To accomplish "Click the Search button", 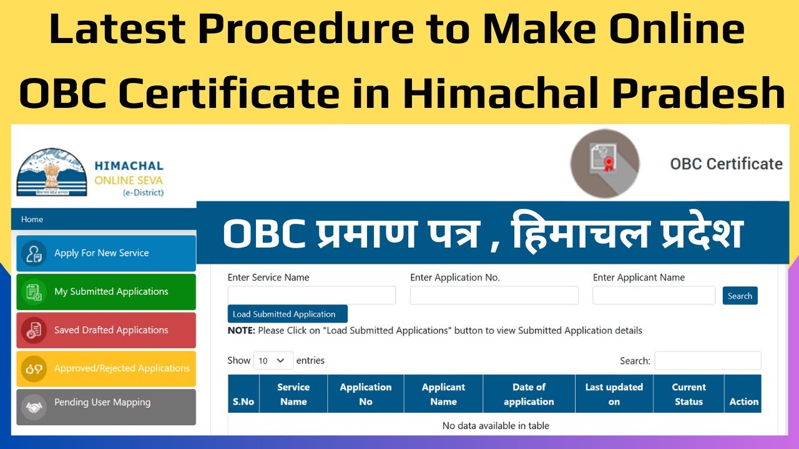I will pyautogui.click(x=740, y=296).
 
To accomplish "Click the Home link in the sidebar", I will pyautogui.click(x=32, y=220).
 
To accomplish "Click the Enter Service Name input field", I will pyautogui.click(x=311, y=296).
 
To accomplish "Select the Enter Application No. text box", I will pyautogui.click(x=494, y=296).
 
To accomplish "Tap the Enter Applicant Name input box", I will pyautogui.click(x=654, y=296).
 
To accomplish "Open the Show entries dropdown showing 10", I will pyautogui.click(x=273, y=360).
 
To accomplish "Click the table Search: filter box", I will pyautogui.click(x=707, y=360).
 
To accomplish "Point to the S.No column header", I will pyautogui.click(x=243, y=402).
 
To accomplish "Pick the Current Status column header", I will pyautogui.click(x=689, y=394).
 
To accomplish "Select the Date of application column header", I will pyautogui.click(x=529, y=394).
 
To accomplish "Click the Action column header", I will pyautogui.click(x=743, y=402).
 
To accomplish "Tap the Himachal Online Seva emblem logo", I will pyautogui.click(x=52, y=173).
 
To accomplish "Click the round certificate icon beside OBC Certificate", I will pyautogui.click(x=604, y=163).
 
